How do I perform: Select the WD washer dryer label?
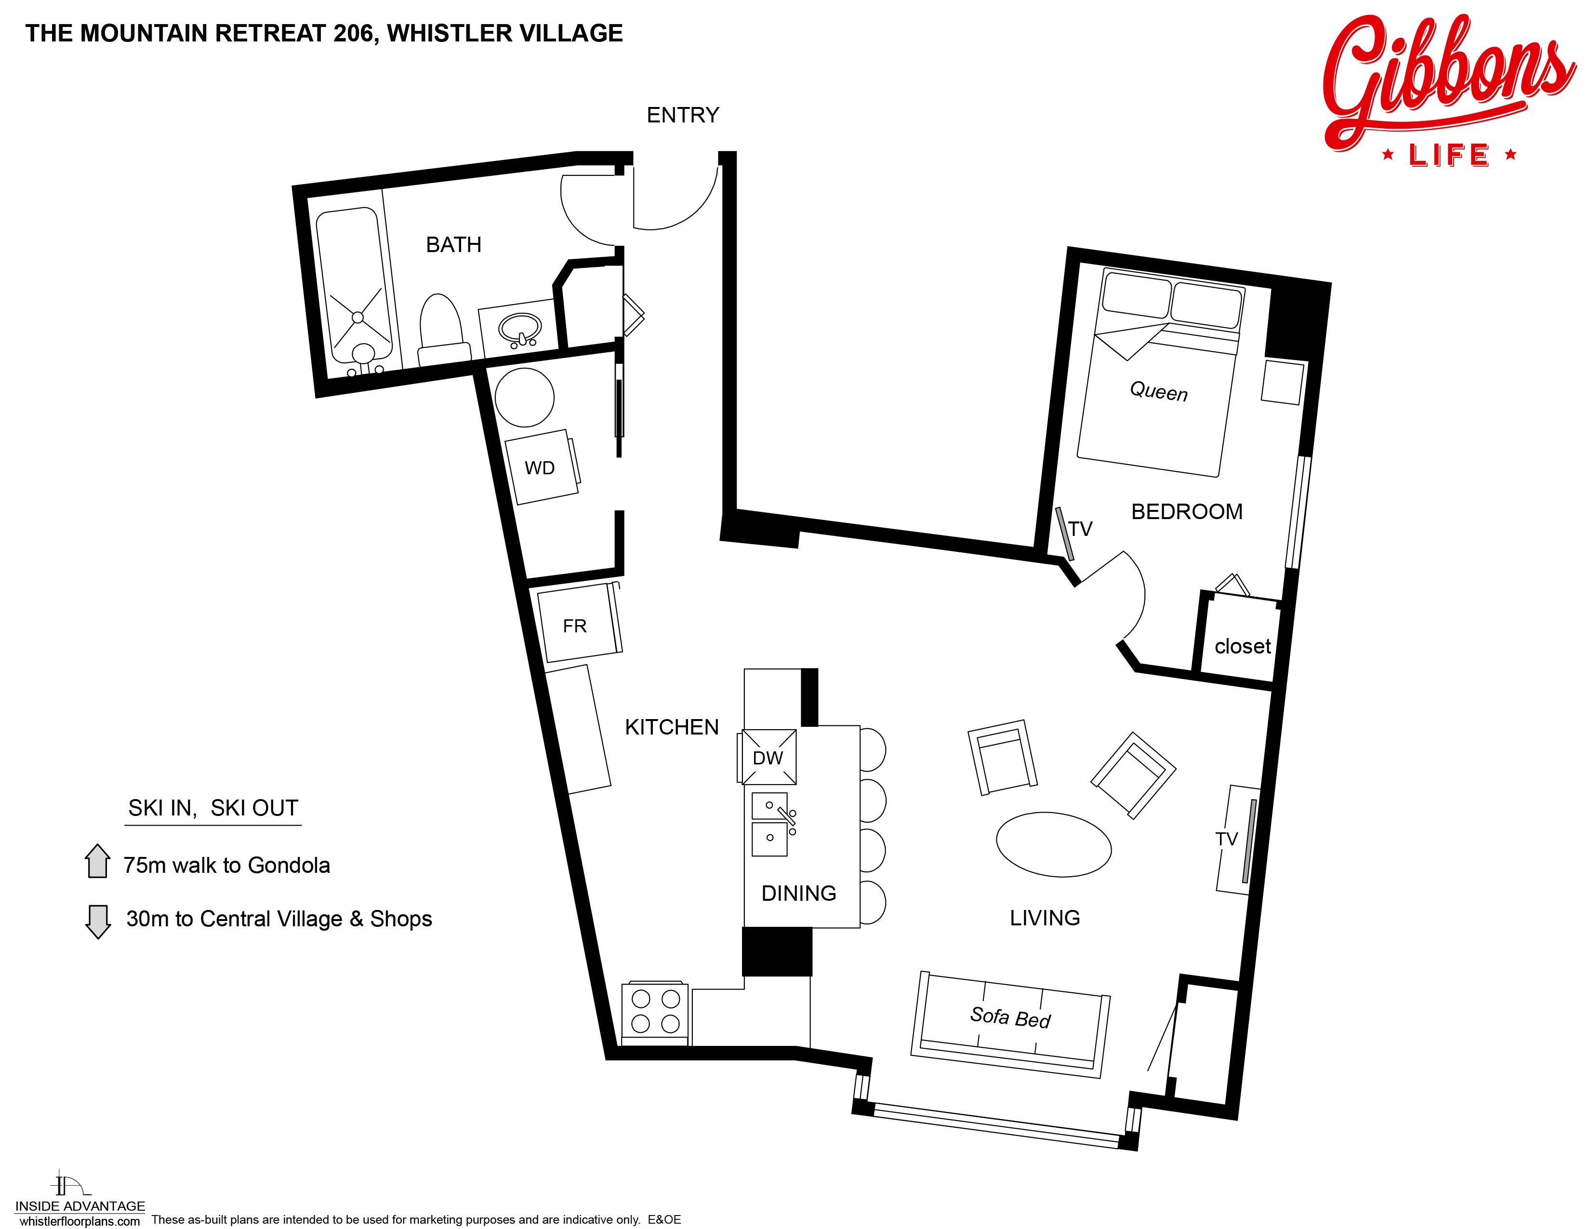(x=540, y=468)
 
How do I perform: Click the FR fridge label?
(x=574, y=626)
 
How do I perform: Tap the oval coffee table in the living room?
(x=1053, y=844)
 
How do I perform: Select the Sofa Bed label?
(x=1010, y=1017)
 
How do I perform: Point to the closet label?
(x=1242, y=646)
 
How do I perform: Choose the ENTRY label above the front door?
(x=683, y=115)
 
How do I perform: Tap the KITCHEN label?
(x=671, y=727)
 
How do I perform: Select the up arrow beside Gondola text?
(x=97, y=861)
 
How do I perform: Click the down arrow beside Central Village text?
(x=97, y=921)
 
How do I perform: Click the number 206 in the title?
(x=354, y=33)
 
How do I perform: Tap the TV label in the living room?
(x=1227, y=839)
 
